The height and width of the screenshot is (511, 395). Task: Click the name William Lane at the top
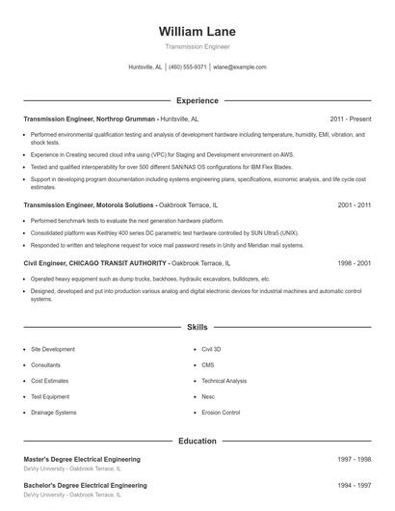[197, 32]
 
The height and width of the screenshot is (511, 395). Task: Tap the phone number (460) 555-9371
[188, 67]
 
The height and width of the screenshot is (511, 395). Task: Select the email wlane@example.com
[240, 67]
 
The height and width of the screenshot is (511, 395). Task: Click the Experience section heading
[197, 100]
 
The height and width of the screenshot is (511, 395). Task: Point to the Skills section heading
[197, 328]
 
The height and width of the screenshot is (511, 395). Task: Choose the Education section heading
[197, 441]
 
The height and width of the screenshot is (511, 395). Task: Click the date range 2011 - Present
[350, 119]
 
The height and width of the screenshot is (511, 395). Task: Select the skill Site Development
[52, 349]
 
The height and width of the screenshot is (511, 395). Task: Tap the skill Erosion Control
[221, 413]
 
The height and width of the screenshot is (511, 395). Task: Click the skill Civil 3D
[211, 349]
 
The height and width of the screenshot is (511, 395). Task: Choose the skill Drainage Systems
[53, 413]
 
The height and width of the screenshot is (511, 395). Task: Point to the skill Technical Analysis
[224, 381]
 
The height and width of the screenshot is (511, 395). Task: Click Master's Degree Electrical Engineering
[82, 460]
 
